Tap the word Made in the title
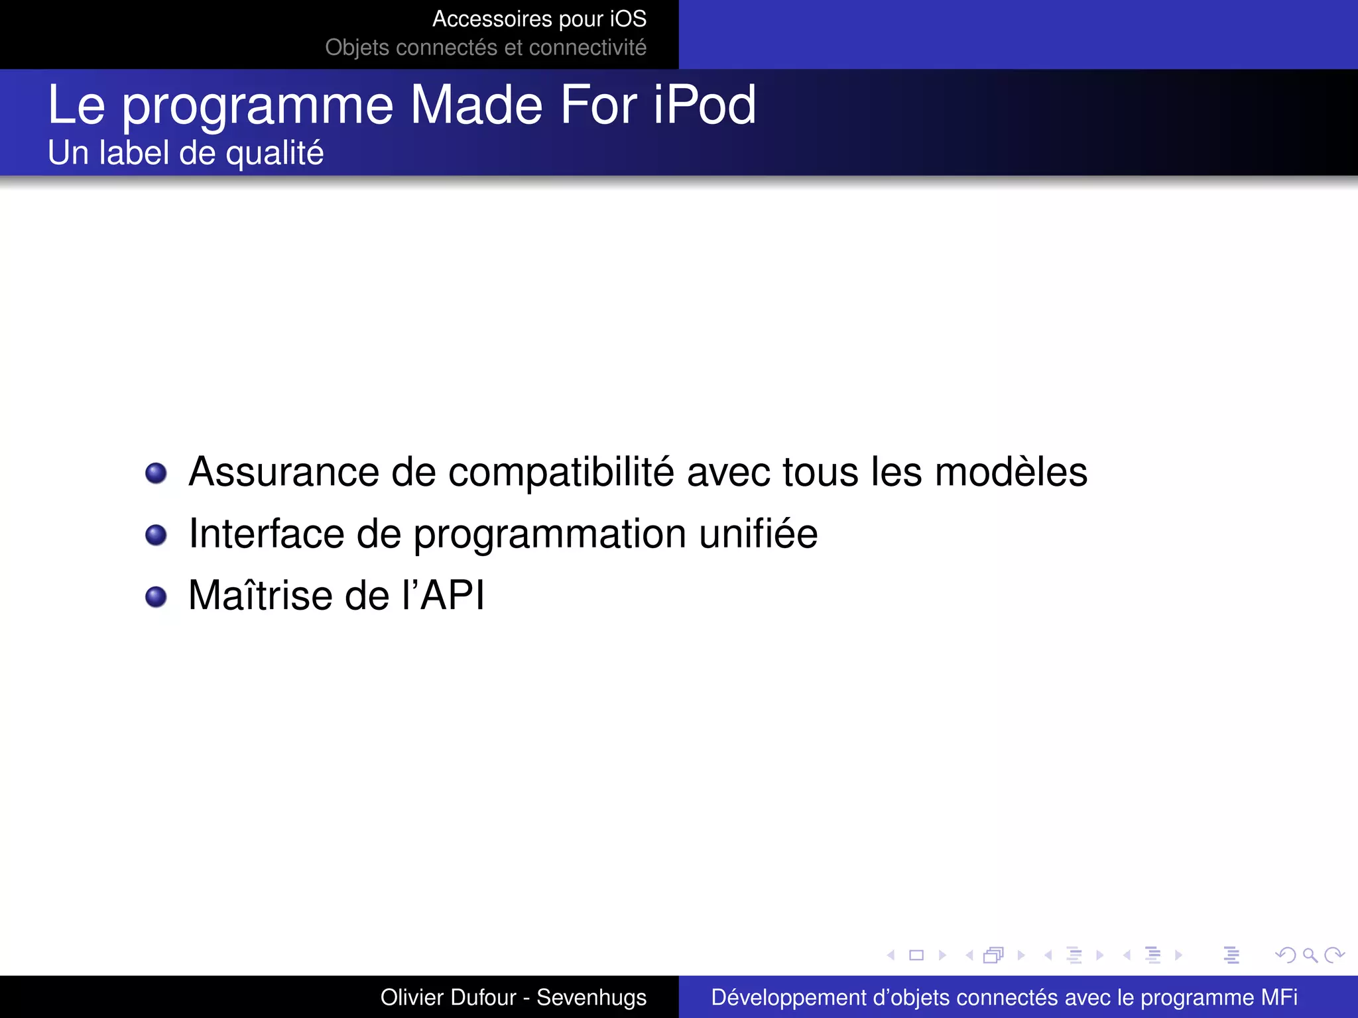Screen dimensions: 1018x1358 [x=477, y=105]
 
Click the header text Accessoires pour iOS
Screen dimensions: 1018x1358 [x=539, y=19]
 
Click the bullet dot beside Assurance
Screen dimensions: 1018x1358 [x=156, y=473]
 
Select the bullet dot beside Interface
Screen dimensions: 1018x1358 [x=156, y=535]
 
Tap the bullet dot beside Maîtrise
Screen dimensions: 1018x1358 [x=156, y=596]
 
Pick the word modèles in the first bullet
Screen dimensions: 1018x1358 [x=1011, y=472]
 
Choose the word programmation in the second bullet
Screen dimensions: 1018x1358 [x=550, y=535]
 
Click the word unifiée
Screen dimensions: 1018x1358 [x=759, y=534]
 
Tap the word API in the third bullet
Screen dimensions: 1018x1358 [x=452, y=595]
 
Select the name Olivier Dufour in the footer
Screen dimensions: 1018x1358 [x=448, y=997]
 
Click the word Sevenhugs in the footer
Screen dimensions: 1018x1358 [x=591, y=997]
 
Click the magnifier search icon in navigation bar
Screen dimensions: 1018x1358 [x=1310, y=955]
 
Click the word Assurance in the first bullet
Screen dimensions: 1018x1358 [x=284, y=473]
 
